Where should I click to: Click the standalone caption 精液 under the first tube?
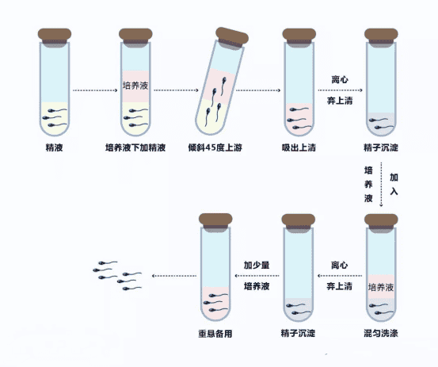(x=55, y=147)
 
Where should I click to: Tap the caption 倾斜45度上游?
(x=219, y=147)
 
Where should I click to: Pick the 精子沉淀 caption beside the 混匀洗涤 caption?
(x=298, y=333)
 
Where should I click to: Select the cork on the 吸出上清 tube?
(x=299, y=34)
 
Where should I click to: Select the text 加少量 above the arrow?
(x=257, y=264)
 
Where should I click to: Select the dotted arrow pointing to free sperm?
(x=172, y=276)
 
